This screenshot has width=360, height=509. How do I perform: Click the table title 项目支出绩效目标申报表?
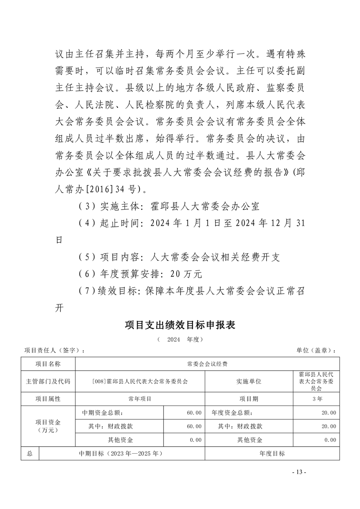(x=180, y=325)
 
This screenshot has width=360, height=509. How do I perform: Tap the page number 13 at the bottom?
(x=299, y=472)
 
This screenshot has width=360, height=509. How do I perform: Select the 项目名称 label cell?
(x=48, y=364)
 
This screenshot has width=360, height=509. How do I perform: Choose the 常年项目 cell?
(x=140, y=399)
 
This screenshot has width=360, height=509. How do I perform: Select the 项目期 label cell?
(x=249, y=399)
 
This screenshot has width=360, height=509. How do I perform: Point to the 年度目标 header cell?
(x=272, y=453)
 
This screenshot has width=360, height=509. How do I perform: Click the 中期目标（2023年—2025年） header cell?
(x=121, y=453)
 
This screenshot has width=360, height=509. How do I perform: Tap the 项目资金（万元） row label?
(x=48, y=426)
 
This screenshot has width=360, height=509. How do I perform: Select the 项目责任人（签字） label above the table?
(x=54, y=351)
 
